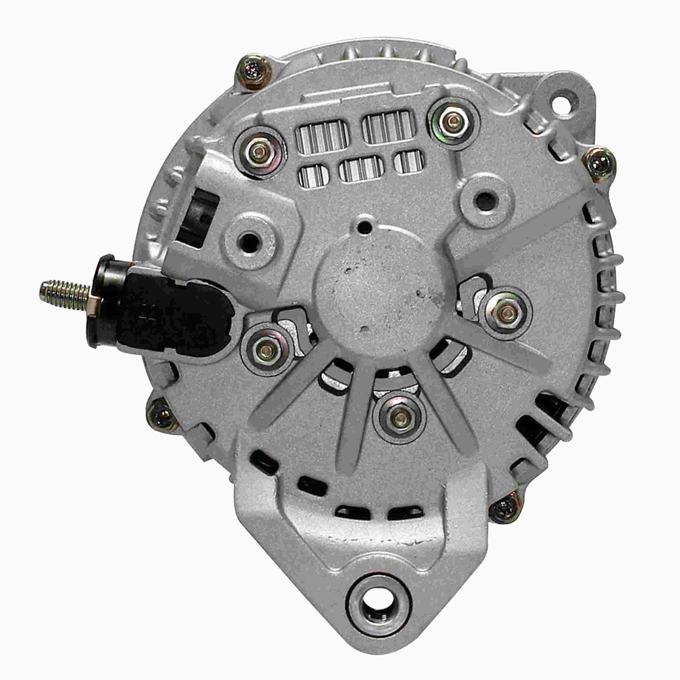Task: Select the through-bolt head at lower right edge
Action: tap(504, 509)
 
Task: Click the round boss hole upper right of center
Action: tap(483, 200)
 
